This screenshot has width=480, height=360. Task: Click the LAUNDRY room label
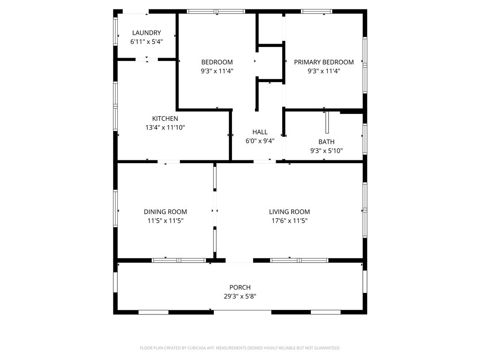tap(146, 33)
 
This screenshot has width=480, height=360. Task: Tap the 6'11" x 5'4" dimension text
tap(146, 42)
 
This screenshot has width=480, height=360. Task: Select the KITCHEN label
tap(165, 119)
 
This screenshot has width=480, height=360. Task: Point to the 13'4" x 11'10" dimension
tap(165, 127)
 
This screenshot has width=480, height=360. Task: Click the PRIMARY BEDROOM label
tap(324, 62)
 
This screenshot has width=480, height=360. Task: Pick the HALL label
tap(260, 132)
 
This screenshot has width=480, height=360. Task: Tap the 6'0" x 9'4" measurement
tap(260, 141)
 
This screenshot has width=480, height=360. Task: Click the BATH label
tap(326, 142)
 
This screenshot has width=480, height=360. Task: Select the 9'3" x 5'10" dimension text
tap(326, 150)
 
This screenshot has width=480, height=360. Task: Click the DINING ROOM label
tap(165, 211)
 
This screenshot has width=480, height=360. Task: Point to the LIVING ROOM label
tap(289, 211)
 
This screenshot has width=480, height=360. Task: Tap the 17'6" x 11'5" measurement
tap(289, 220)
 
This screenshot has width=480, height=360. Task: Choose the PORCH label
tap(240, 287)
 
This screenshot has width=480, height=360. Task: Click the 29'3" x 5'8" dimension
tap(240, 296)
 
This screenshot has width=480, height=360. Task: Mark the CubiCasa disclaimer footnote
tap(240, 348)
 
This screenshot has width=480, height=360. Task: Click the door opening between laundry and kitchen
tap(147, 60)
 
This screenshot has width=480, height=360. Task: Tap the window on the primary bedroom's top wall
tap(316, 12)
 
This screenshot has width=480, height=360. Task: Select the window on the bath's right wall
tap(365, 139)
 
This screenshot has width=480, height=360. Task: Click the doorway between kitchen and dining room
tap(169, 161)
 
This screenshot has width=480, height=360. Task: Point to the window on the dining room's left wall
tap(115, 209)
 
